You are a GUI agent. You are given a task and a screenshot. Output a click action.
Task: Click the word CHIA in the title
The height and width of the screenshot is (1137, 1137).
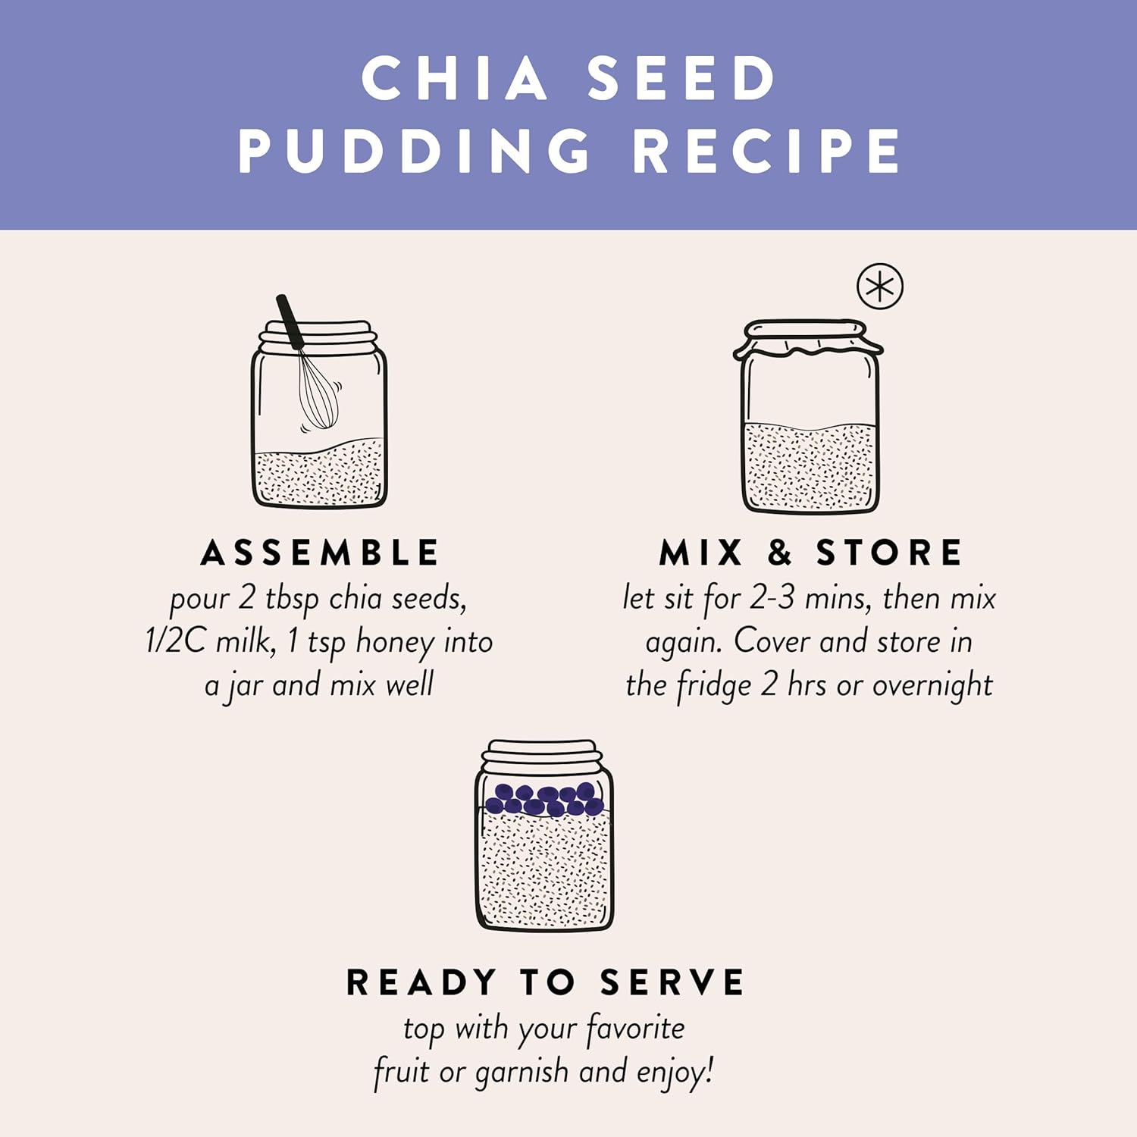[x=454, y=78]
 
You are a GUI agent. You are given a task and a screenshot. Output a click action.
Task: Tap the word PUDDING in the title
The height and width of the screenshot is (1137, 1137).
[x=415, y=151]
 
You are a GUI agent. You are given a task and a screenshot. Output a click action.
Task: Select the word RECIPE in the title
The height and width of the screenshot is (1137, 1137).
[x=766, y=151]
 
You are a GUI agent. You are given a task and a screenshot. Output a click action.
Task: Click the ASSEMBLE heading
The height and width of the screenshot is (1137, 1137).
[x=320, y=553]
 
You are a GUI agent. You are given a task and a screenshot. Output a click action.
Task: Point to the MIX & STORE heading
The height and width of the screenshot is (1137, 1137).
[x=810, y=553]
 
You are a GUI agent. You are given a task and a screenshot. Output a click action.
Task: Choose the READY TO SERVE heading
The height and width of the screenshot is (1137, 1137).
[x=545, y=982]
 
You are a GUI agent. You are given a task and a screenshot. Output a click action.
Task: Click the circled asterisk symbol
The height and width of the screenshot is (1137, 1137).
[x=879, y=287]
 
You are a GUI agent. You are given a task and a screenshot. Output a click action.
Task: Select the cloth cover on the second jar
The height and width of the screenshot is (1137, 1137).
[x=808, y=338]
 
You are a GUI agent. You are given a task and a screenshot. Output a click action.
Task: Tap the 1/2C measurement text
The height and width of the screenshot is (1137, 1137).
[x=175, y=641]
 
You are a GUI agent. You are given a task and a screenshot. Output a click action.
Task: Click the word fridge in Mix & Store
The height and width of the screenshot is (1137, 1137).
[x=714, y=686]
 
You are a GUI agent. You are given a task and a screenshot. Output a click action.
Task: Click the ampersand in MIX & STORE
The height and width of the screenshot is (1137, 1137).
[x=780, y=553]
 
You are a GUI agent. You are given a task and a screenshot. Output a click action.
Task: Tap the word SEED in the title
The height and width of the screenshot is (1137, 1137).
[x=681, y=78]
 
